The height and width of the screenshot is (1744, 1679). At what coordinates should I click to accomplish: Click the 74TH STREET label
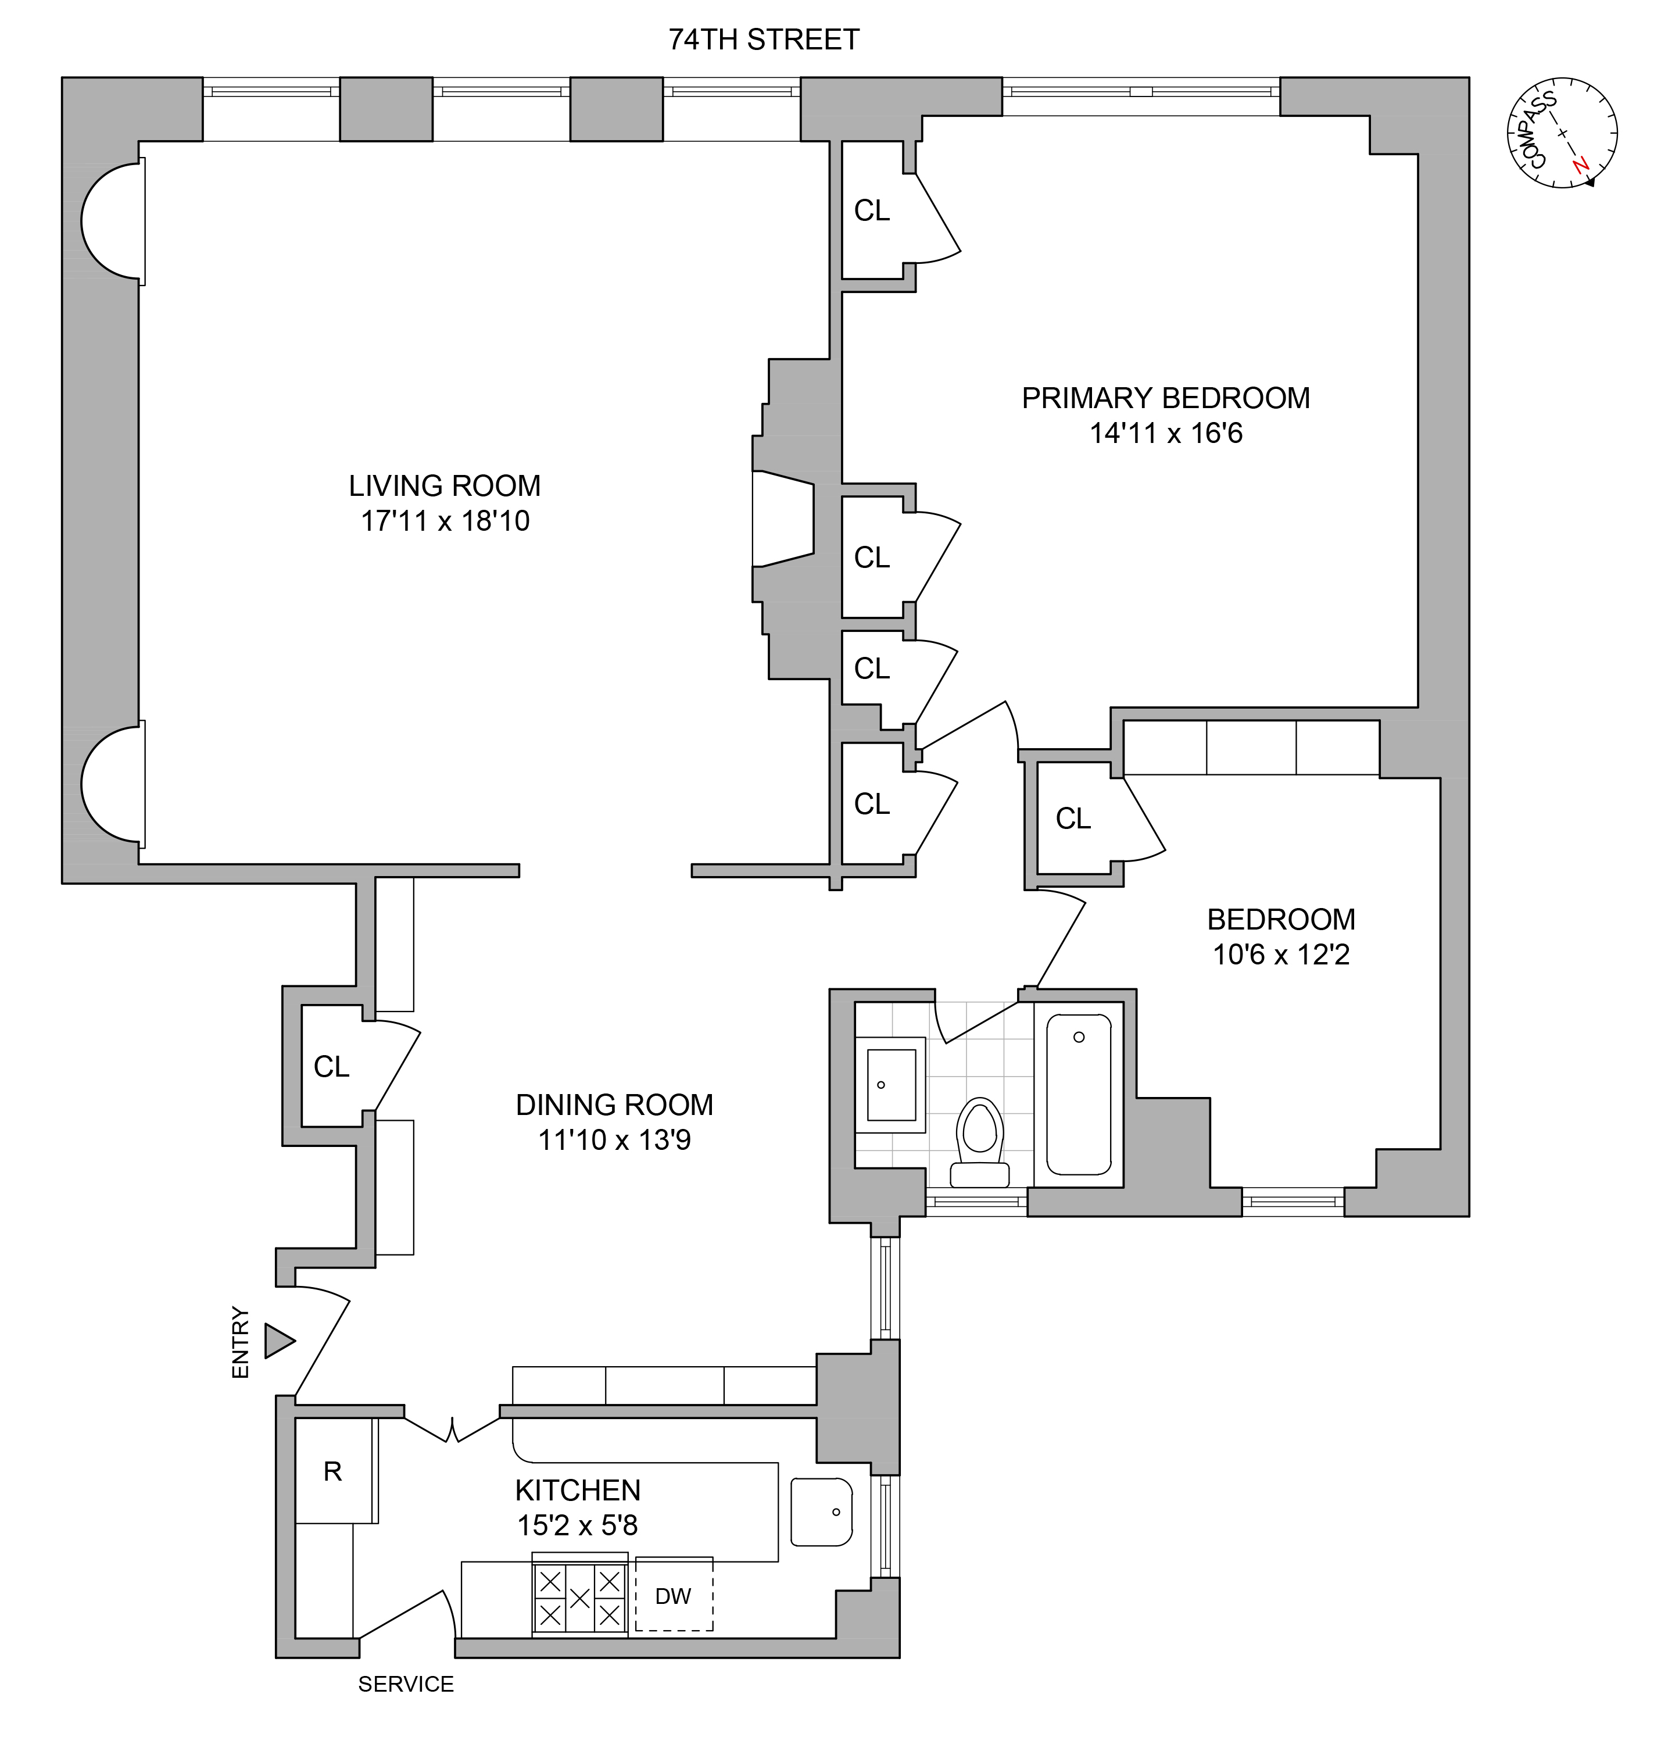(764, 39)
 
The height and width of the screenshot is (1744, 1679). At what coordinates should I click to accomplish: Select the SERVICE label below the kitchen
(406, 1684)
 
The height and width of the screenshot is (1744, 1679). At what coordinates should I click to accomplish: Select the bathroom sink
(891, 1084)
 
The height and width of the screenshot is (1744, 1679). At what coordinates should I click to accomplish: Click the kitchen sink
(821, 1512)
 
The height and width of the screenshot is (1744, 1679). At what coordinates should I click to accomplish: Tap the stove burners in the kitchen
(579, 1597)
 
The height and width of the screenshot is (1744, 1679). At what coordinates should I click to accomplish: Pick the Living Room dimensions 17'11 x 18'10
(445, 520)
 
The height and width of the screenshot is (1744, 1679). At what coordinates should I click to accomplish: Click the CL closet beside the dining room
(331, 1066)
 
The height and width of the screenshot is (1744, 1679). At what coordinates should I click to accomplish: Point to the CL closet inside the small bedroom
(1072, 818)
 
